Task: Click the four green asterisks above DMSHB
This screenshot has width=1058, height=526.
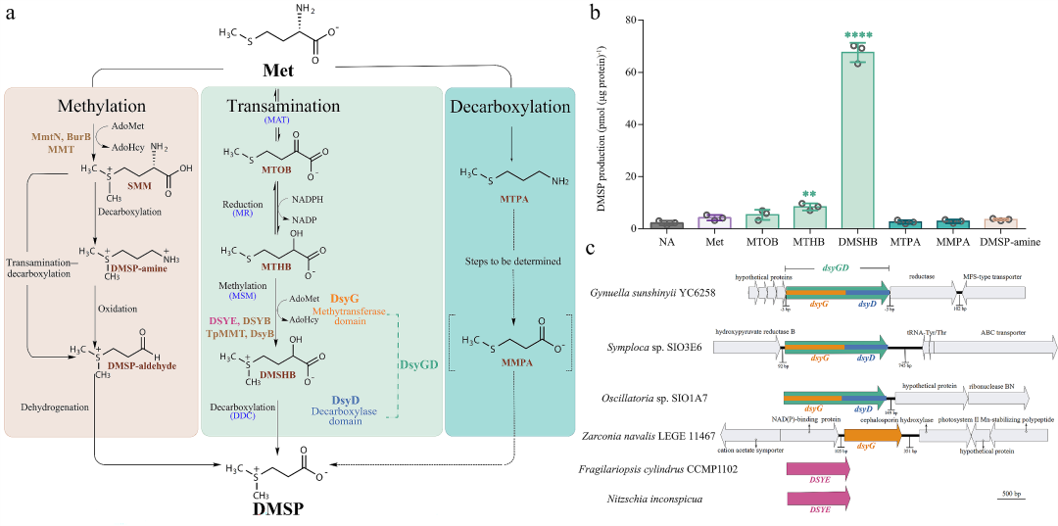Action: (857, 36)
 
